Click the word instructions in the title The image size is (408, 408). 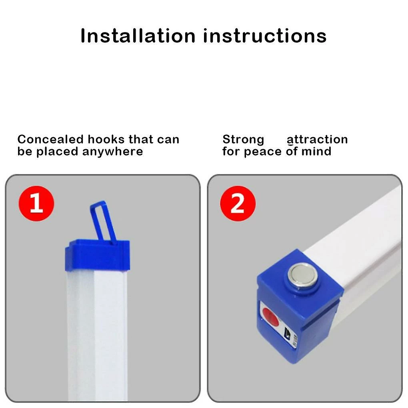(x=265, y=36)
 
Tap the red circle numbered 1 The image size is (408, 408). (x=36, y=203)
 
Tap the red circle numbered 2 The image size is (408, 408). (x=238, y=203)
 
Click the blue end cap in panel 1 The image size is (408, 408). (x=97, y=256)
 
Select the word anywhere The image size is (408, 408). (x=113, y=152)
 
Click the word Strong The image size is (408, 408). (x=243, y=140)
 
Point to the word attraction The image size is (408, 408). (x=317, y=140)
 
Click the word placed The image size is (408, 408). (x=57, y=152)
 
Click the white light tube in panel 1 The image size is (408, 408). (x=97, y=336)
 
